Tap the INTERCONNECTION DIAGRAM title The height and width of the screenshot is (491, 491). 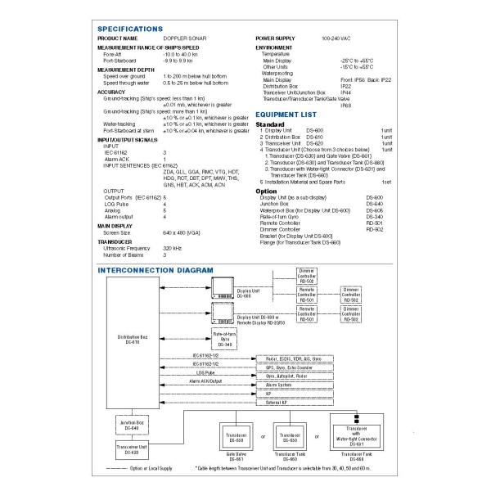pyautogui.click(x=155, y=269)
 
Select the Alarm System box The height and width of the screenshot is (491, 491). pyautogui.click(x=278, y=384)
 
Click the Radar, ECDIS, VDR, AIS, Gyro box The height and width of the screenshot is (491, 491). pyautogui.click(x=294, y=358)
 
